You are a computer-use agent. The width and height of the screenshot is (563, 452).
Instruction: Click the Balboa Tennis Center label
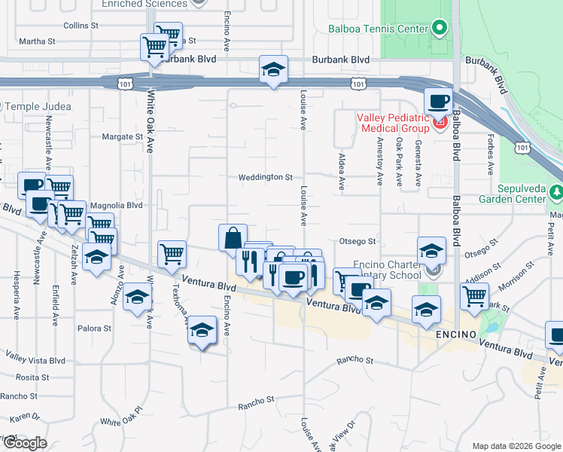coord(377,30)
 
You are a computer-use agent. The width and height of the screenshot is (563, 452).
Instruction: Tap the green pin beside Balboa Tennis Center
coord(440,29)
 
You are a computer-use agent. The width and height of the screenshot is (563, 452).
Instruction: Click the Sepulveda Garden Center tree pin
coord(556,193)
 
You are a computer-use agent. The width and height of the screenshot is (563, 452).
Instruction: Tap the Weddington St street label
coord(265,177)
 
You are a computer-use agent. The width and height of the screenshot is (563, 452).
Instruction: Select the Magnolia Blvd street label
coord(116,204)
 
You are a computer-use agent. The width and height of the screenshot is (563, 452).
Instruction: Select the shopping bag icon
coord(233,237)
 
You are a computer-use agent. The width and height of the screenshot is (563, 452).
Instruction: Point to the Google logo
coord(25,442)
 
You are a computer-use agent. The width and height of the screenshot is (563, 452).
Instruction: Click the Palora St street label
coord(94,328)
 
